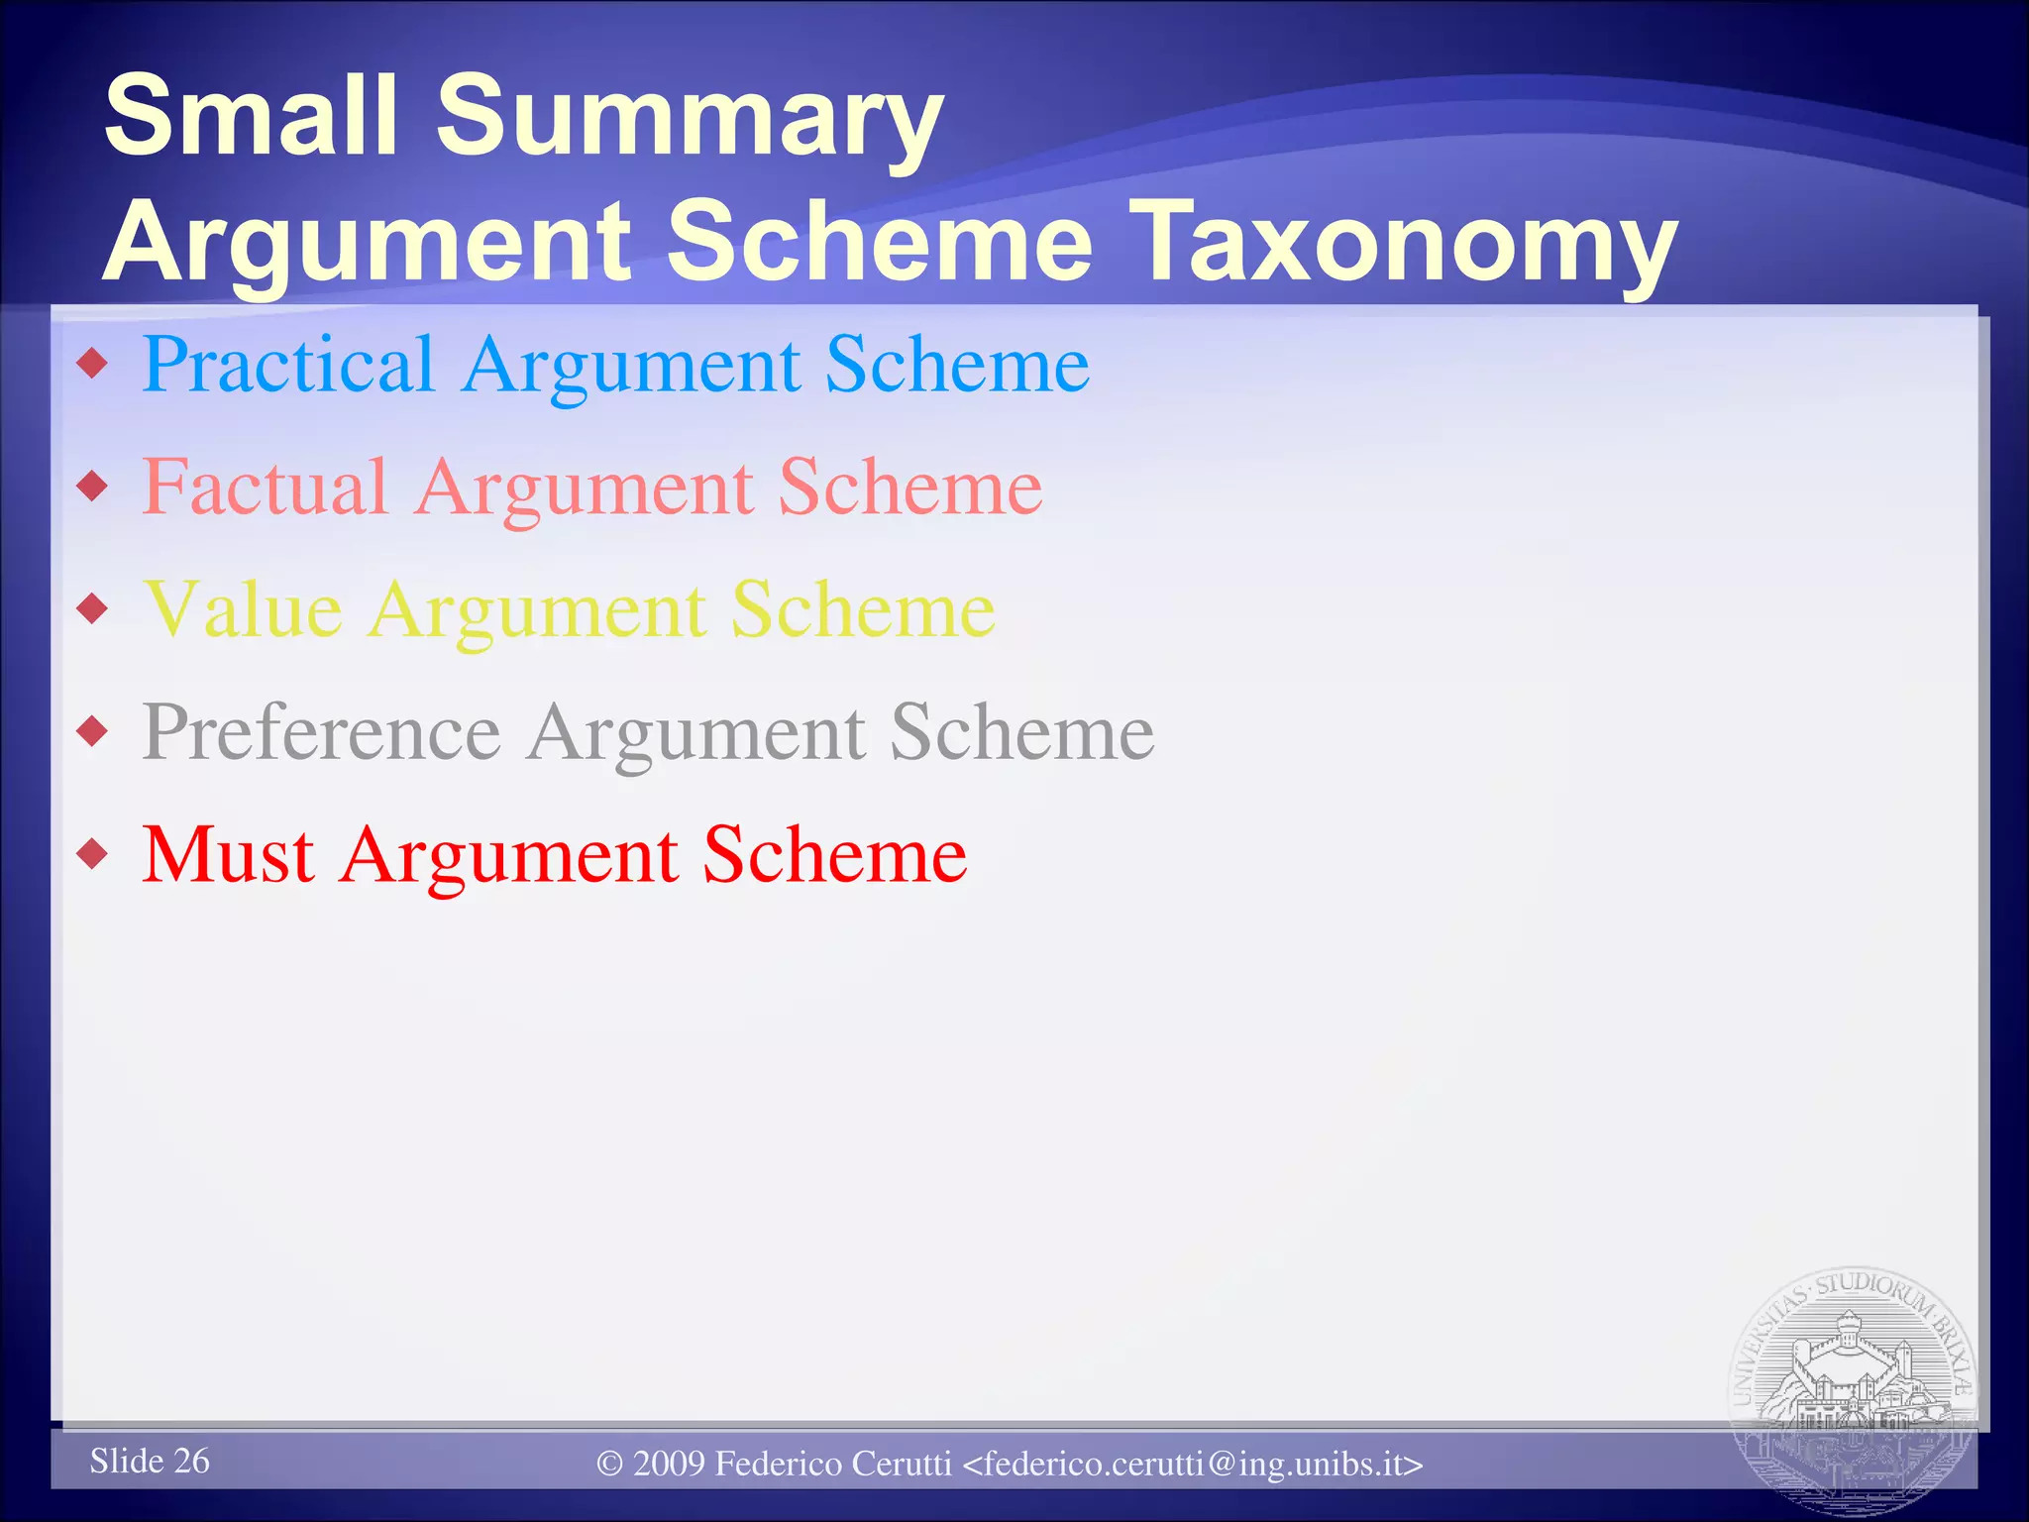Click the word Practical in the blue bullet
288,366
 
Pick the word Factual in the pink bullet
265,488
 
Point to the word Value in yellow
243,610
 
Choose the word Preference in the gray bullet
322,733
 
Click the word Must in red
229,855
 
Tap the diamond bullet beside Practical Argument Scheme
93,364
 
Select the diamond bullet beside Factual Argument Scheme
93,486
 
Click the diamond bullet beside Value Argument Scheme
93,608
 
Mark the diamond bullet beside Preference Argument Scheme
93,731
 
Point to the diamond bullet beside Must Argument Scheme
93,853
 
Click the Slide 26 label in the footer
150,1461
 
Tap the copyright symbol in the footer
609,1465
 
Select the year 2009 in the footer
669,1465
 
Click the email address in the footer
1194,1465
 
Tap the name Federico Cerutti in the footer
833,1465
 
